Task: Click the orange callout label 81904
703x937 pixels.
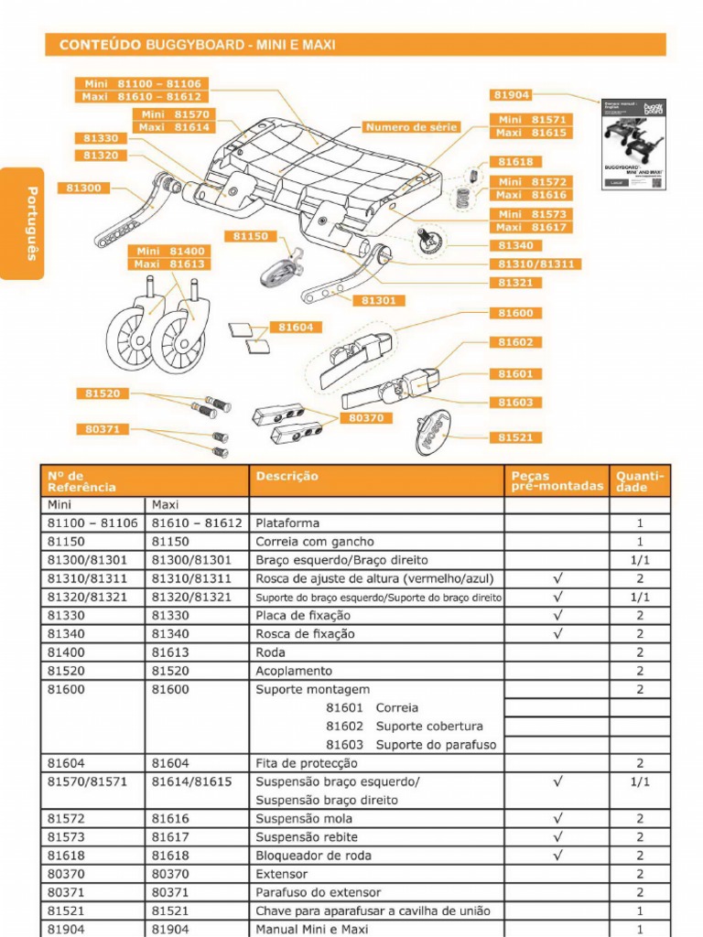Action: point(512,95)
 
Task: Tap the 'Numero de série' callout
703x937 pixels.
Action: point(411,127)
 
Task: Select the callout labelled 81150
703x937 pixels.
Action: point(250,236)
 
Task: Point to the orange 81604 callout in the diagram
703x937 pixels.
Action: point(296,327)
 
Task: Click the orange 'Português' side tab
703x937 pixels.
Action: point(30,223)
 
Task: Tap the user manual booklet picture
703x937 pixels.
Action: point(633,144)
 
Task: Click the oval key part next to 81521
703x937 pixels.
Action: point(433,431)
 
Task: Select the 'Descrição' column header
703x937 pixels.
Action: point(287,477)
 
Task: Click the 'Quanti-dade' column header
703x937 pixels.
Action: point(639,481)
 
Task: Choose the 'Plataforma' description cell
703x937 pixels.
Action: point(287,523)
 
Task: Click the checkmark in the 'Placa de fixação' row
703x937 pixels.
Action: point(557,615)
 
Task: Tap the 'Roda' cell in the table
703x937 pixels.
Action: point(271,652)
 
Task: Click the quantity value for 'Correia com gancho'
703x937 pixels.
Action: point(640,542)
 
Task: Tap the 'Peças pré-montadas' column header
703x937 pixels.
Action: point(557,481)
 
